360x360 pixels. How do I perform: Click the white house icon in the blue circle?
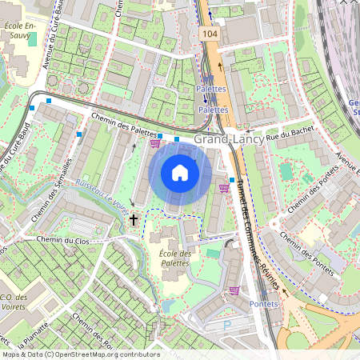tap(180, 173)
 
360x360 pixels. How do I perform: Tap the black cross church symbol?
tap(134, 218)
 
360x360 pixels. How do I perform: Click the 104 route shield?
tap(210, 36)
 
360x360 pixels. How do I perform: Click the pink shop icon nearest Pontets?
tap(234, 291)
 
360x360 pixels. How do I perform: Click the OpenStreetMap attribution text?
tap(81, 354)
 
